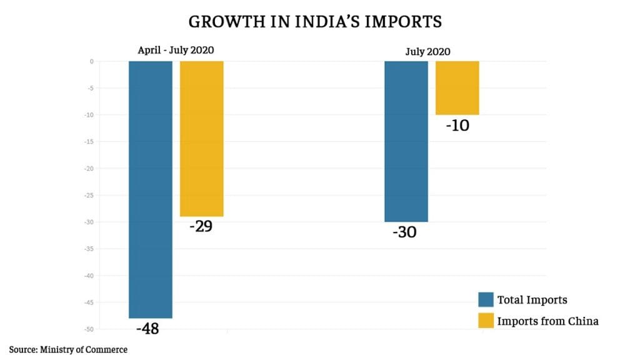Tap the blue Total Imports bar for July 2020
tap(406, 141)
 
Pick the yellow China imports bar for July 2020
tap(457, 88)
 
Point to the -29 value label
tap(201, 226)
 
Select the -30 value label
tap(404, 232)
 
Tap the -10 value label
tap(457, 125)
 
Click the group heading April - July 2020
tap(176, 51)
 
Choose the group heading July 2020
tap(428, 51)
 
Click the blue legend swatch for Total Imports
tap(485, 299)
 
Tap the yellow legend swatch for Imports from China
tap(485, 321)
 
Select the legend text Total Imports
tap(532, 300)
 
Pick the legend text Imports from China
tap(547, 321)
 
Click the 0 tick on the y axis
tap(91, 61)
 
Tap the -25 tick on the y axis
tap(89, 196)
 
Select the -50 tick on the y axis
tap(89, 329)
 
